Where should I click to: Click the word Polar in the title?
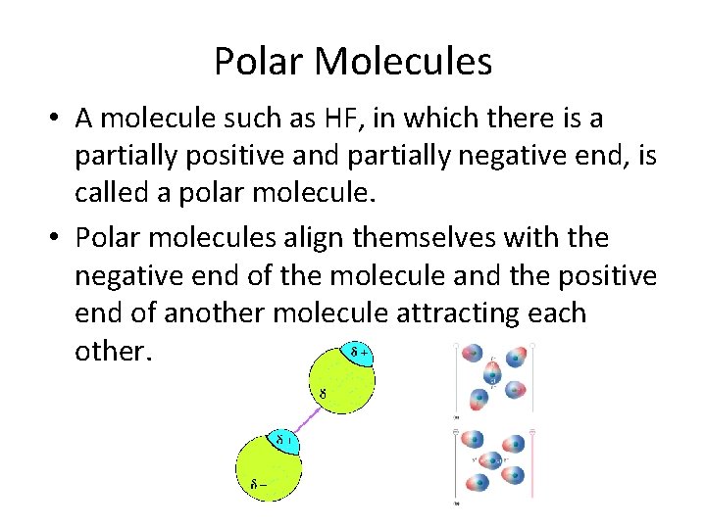coord(257,62)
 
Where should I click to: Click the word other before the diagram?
coord(113,351)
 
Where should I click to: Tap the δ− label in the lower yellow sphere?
coord(259,482)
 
